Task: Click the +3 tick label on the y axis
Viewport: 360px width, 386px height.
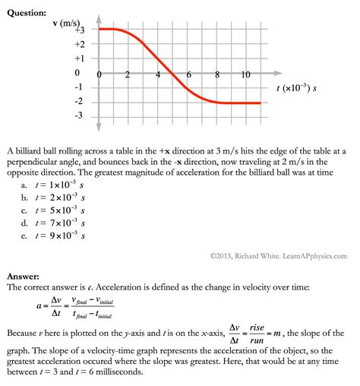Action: click(79, 30)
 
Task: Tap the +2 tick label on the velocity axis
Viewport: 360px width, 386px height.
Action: click(79, 44)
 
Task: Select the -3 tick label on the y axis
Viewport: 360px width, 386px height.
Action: click(77, 116)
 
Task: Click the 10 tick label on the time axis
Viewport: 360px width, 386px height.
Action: click(246, 74)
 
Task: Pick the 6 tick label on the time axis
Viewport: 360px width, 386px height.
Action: click(188, 74)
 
